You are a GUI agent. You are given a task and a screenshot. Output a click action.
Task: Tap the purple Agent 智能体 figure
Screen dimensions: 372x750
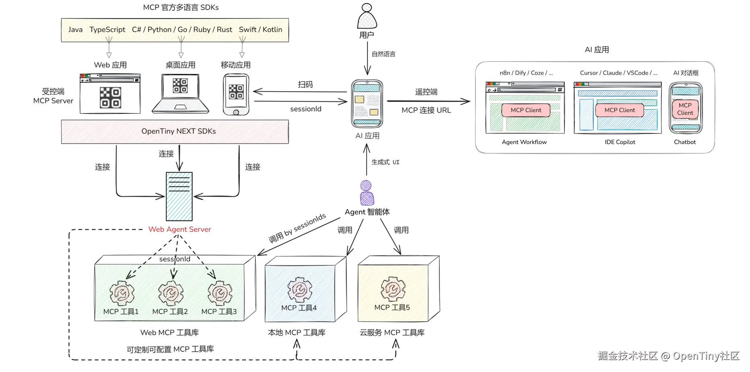(x=366, y=193)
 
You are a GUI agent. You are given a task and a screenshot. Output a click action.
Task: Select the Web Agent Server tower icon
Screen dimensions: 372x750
(x=179, y=196)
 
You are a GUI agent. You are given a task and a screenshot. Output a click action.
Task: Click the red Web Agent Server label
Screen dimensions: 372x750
(x=179, y=229)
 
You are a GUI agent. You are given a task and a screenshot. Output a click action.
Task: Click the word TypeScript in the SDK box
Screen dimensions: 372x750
(x=107, y=30)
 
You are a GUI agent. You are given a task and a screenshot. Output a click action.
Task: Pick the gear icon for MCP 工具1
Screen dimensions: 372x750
(x=122, y=293)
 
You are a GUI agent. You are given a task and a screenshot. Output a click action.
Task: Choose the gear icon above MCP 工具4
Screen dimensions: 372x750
(x=299, y=290)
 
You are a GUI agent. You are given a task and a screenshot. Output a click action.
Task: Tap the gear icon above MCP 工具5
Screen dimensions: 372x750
(x=393, y=289)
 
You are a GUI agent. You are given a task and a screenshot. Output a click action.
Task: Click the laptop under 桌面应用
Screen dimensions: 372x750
(x=180, y=93)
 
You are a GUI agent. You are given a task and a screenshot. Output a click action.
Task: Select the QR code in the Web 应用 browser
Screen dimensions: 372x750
(x=110, y=98)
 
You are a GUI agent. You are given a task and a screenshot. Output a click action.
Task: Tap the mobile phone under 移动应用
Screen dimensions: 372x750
(x=236, y=95)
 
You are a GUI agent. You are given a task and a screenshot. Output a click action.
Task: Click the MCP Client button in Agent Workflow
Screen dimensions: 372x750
(x=525, y=110)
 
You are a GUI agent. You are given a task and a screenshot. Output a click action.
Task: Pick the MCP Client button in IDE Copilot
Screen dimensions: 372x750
(x=619, y=110)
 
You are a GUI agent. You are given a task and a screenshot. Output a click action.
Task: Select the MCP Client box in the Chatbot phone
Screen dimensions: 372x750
(x=685, y=109)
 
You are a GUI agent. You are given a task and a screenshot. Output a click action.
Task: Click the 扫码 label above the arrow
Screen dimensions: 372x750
(x=305, y=84)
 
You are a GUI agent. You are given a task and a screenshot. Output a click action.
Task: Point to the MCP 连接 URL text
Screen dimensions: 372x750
(x=426, y=110)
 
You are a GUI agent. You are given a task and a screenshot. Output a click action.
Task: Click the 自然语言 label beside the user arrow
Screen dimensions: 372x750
(x=383, y=54)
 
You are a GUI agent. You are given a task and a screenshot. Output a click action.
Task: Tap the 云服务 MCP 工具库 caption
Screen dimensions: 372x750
(x=392, y=333)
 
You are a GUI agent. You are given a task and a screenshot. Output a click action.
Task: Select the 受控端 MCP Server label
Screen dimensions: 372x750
(x=53, y=96)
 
